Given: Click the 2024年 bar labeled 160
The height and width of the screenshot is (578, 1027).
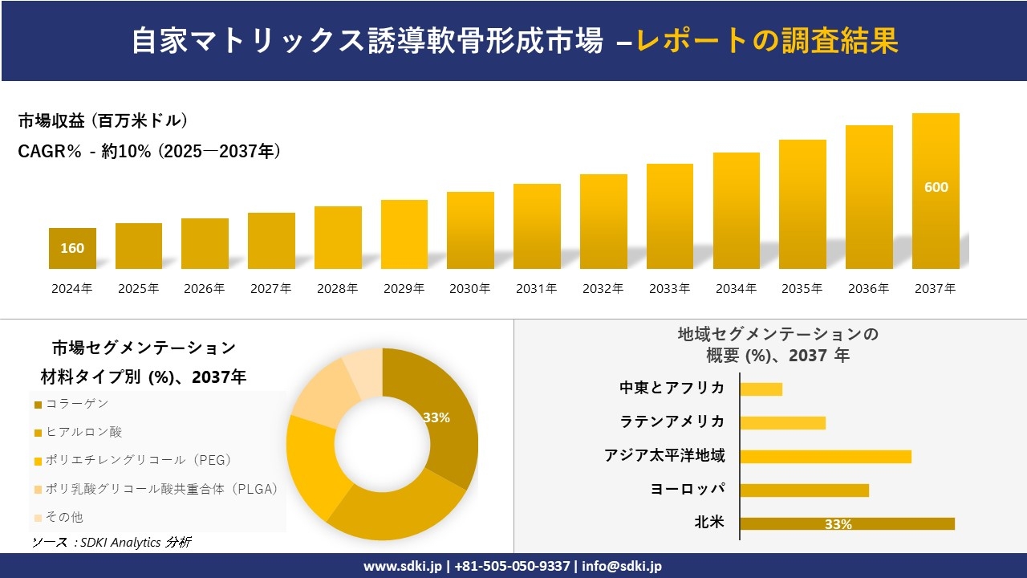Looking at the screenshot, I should coord(72,248).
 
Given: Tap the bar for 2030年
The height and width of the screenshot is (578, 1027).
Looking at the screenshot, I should coord(470,230).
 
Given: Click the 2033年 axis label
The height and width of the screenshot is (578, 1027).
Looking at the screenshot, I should coord(669,289).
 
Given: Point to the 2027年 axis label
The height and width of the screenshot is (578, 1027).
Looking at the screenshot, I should coord(270,289).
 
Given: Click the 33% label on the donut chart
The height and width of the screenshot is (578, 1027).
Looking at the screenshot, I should coord(436,417).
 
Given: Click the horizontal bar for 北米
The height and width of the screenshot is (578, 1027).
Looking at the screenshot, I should coord(846,523).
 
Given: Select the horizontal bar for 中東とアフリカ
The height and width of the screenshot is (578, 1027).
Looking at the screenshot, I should coord(761,389).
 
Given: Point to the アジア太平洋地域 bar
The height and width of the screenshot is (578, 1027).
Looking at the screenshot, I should coord(825,457).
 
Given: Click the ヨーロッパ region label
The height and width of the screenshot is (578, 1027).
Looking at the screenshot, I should coord(688,489).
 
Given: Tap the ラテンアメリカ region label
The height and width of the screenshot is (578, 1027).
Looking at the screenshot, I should coord(672,421).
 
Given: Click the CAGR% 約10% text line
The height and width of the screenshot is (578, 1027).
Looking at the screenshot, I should coord(149,151).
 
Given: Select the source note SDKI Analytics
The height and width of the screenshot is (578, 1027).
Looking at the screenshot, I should coord(112,543).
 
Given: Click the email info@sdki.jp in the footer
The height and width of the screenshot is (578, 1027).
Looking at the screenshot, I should coord(622,566).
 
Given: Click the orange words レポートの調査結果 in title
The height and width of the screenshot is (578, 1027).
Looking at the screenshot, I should coord(767,41).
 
